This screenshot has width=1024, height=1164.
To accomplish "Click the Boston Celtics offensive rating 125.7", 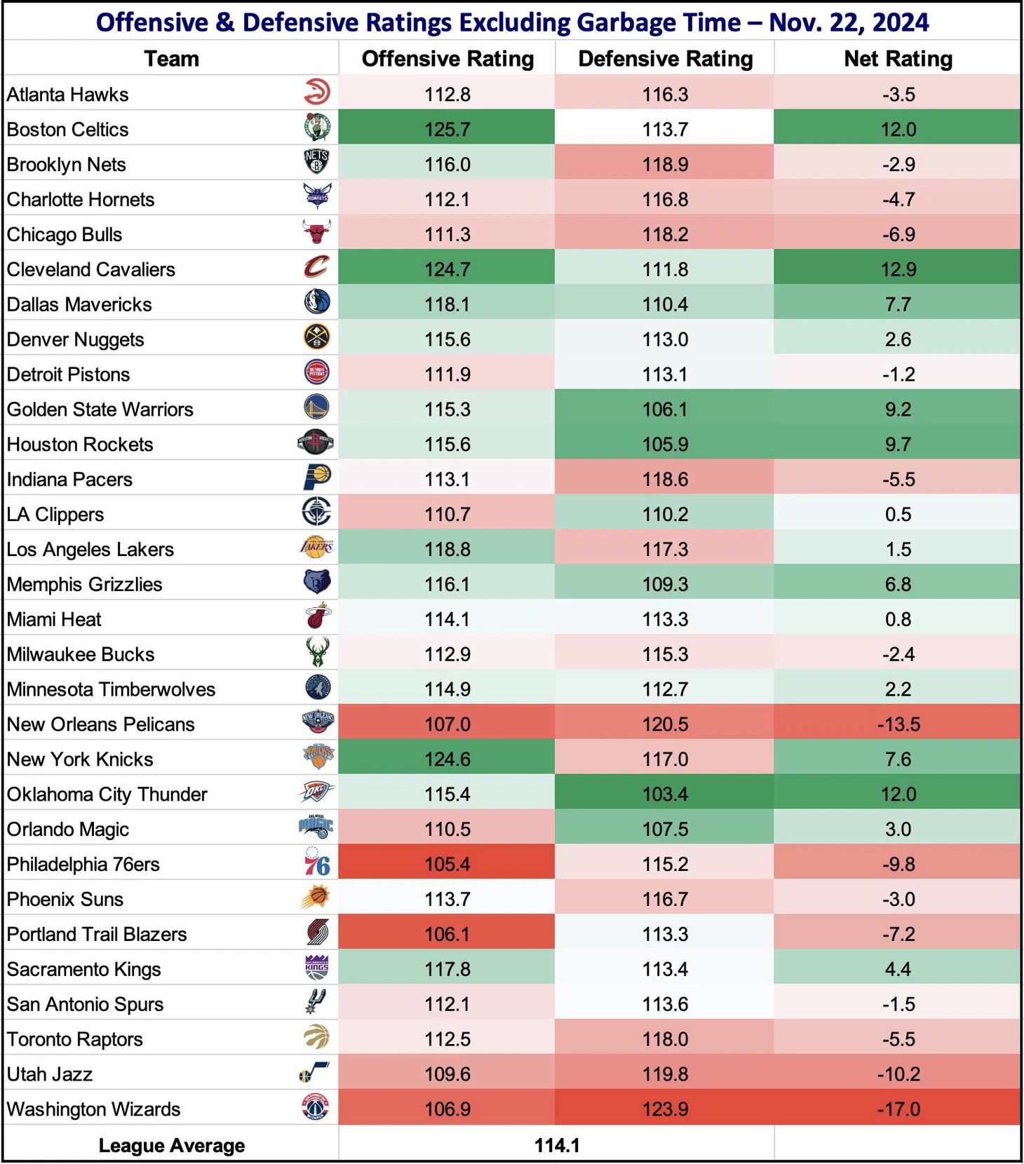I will point(447,129).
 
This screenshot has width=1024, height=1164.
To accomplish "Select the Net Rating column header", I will point(898,59).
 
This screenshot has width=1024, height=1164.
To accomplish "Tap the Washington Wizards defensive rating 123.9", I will point(665,1109).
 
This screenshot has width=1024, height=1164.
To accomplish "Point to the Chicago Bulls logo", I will point(317,232).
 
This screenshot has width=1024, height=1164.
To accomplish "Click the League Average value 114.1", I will point(557,1145).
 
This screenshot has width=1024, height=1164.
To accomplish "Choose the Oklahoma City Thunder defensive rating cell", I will point(665,794).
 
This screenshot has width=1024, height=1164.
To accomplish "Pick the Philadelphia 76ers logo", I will point(317,863).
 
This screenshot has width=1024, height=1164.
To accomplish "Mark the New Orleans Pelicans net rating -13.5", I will point(898,724).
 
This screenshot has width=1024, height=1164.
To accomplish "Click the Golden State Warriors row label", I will point(100,410).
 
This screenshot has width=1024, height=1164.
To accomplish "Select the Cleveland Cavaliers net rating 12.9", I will point(898,269).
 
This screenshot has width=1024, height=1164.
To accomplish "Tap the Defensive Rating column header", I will point(665,59).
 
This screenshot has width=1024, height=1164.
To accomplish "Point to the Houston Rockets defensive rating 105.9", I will point(665,444).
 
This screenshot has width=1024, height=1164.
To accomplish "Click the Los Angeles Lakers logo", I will point(317,547).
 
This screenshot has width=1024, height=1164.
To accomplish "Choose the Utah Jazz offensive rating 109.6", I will point(447,1074).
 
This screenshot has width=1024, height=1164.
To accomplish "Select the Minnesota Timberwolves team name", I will point(112,689).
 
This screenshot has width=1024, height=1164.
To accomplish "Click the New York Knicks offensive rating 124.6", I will point(447,759).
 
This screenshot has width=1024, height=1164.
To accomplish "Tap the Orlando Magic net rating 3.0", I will point(898,829).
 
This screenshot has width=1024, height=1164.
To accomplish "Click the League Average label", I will point(172,1145).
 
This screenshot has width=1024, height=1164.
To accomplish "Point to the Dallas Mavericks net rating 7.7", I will point(898,304).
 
